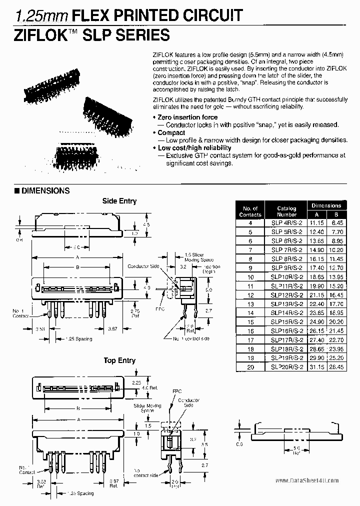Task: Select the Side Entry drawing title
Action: [x=119, y=201]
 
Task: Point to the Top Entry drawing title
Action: [x=119, y=360]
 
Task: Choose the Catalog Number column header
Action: [x=286, y=211]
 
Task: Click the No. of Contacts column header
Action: [x=250, y=211]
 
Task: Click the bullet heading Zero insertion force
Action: [x=187, y=117]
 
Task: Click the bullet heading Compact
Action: [x=171, y=132]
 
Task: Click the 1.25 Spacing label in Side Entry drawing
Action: [x=77, y=338]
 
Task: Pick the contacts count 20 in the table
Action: [x=250, y=366]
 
